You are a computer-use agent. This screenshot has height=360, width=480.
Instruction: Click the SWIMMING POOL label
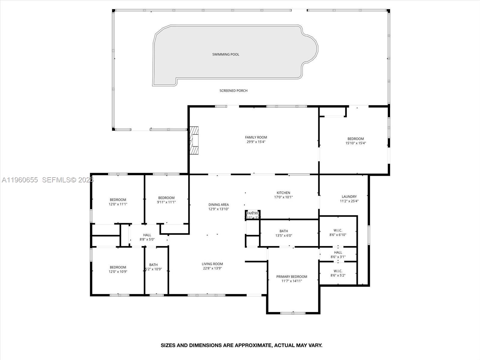pyautogui.click(x=226, y=54)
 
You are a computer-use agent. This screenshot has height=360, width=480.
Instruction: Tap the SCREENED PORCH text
pyautogui.click(x=233, y=91)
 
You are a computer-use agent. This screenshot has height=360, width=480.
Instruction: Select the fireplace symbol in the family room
pyautogui.click(x=194, y=140)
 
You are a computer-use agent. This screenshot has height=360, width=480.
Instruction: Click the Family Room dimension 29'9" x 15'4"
pyautogui.click(x=256, y=142)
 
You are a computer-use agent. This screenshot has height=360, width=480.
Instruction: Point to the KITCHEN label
pyautogui.click(x=283, y=193)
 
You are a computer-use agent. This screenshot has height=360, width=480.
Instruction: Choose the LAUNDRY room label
pyautogui.click(x=349, y=197)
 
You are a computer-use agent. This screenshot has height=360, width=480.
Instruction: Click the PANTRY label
pyautogui.click(x=253, y=213)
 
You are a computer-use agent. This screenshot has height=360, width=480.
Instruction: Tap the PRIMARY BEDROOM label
pyautogui.click(x=292, y=277)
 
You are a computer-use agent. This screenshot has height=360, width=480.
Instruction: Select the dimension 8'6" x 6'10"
pyautogui.click(x=338, y=235)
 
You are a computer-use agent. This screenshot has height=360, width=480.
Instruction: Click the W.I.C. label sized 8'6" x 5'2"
pyautogui.click(x=338, y=271)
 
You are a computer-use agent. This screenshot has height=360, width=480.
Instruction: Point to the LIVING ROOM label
pyautogui.click(x=212, y=264)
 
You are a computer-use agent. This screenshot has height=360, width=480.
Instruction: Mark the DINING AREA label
pyautogui.click(x=218, y=205)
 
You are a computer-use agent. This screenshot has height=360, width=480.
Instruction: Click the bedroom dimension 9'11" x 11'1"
pyautogui.click(x=166, y=202)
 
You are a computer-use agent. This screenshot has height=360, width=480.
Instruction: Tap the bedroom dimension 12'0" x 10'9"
pyautogui.click(x=118, y=272)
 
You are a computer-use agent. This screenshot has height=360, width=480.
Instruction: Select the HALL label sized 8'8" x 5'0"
pyautogui.click(x=147, y=235)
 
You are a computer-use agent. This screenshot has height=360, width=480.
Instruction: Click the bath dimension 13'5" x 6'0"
pyautogui.click(x=283, y=235)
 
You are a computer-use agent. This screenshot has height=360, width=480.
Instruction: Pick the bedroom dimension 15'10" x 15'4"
pyautogui.click(x=355, y=143)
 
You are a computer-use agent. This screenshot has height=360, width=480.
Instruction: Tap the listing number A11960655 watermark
pyautogui.click(x=20, y=180)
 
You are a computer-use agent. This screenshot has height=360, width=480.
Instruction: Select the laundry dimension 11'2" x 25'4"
pyautogui.click(x=349, y=201)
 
